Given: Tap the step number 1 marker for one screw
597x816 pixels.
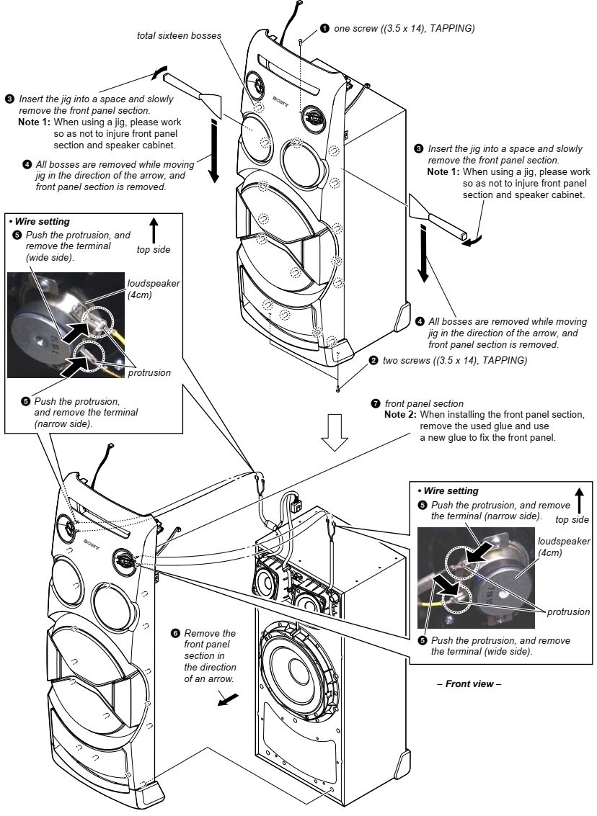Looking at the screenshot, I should click(x=325, y=28).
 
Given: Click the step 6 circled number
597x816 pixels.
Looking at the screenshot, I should click(x=175, y=633).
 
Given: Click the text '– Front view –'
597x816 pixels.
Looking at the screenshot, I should click(x=473, y=683).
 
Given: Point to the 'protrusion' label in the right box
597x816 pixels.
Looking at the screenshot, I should click(x=567, y=611).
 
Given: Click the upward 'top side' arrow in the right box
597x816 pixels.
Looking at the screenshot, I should click(x=580, y=498).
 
